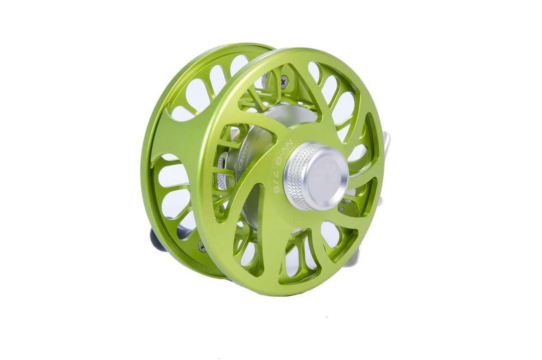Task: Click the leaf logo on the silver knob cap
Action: click(326, 174)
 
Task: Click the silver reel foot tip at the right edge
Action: click(386, 143)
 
